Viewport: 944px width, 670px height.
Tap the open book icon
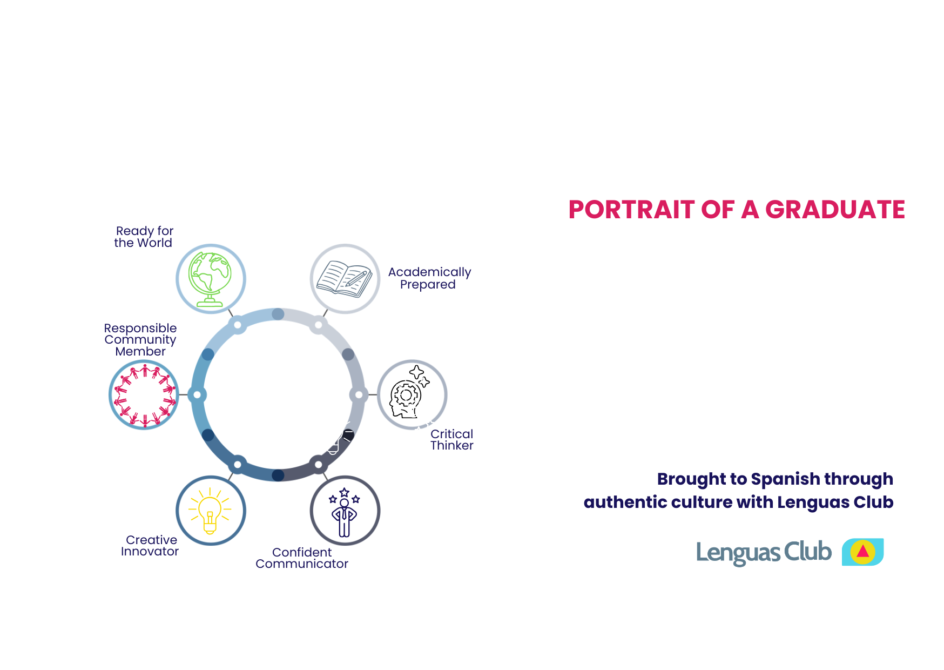click(345, 279)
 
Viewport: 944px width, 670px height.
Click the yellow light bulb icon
click(210, 511)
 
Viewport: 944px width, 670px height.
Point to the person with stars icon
click(344, 513)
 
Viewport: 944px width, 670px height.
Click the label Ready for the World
click(144, 237)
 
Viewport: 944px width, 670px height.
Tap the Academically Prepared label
click(429, 278)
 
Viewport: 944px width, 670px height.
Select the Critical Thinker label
click(451, 439)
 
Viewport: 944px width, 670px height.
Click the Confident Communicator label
click(302, 558)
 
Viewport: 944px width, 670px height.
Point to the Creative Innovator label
click(150, 545)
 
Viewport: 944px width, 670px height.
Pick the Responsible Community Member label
click(140, 339)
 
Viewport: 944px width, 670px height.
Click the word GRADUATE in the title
click(835, 210)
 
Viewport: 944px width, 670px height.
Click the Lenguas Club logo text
click(764, 552)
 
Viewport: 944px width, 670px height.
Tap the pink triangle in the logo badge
click(862, 551)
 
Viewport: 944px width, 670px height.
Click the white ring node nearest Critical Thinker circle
click(359, 395)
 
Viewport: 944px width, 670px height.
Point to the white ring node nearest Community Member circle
click(197, 395)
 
